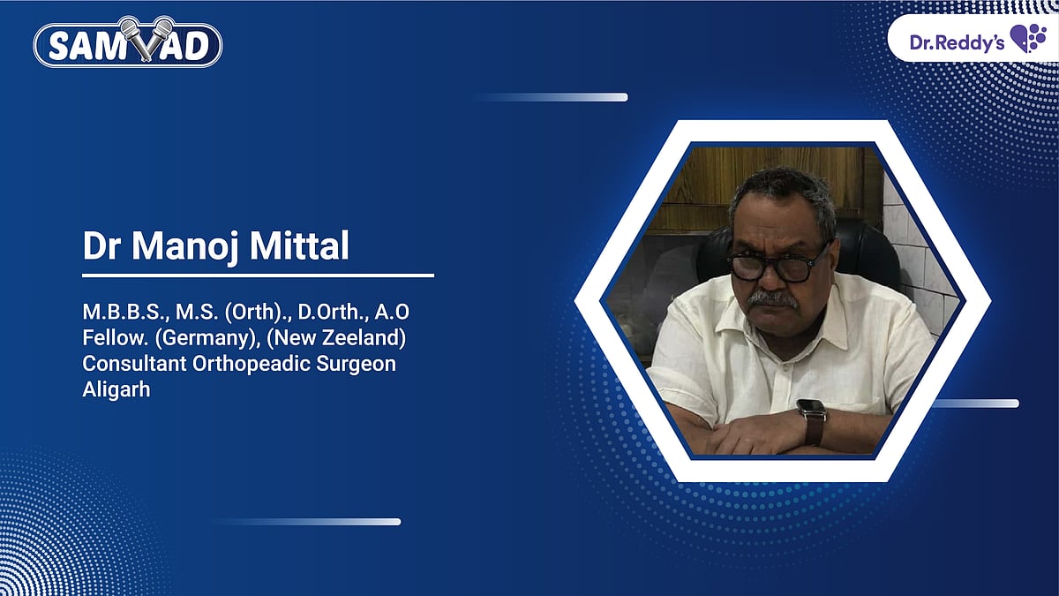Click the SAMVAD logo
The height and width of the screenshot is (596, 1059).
coord(128,42)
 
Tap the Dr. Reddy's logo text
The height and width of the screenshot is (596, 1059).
coord(957,41)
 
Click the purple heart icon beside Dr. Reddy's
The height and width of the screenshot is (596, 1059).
coord(1027,39)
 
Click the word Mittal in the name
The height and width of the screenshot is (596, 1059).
coord(305,246)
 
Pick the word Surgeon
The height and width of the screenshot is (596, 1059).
coord(359,365)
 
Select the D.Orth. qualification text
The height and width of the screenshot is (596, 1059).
coord(327,315)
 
